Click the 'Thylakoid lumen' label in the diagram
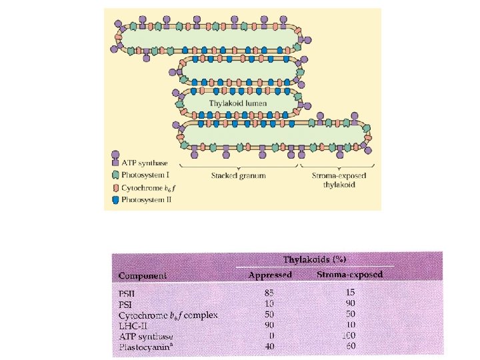238,103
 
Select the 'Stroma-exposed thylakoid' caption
333,180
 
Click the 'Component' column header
143,275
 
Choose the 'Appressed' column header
270,275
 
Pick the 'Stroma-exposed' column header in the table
349,275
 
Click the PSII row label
127,293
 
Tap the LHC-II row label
131,325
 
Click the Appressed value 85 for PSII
269,293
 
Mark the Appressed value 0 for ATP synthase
271,336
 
